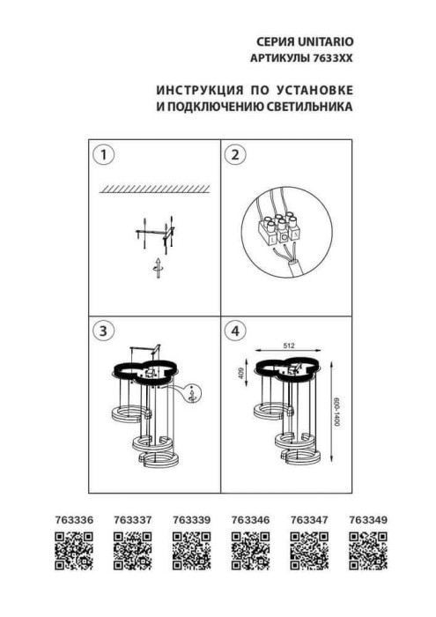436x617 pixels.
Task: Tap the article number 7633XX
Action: pos(332,57)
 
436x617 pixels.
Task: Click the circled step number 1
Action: pos(105,156)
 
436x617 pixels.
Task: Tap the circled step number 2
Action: pos(235,156)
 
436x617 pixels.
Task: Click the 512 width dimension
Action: pos(288,346)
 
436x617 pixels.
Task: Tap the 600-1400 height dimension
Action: pos(336,410)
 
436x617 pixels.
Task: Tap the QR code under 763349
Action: pos(366,555)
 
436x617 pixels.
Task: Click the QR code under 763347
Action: pos(307,555)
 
